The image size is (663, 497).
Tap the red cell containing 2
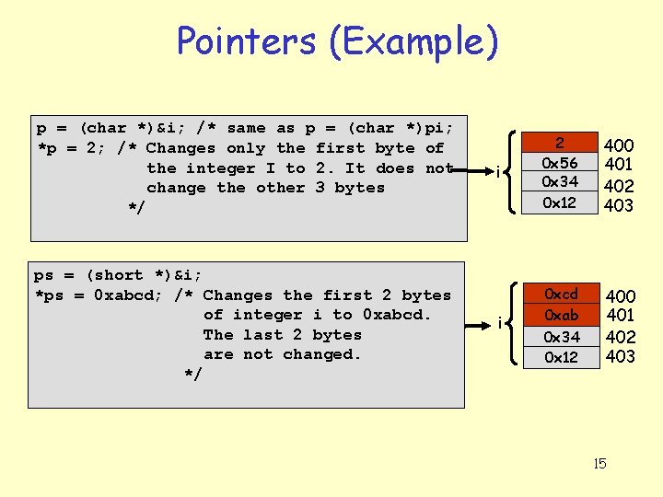click(x=560, y=143)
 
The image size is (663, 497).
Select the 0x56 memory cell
click(x=560, y=163)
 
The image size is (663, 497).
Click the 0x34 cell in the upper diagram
click(x=560, y=182)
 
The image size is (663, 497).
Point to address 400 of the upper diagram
click(x=618, y=145)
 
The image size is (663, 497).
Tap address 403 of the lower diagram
click(x=621, y=357)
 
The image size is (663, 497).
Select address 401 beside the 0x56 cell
click(x=618, y=166)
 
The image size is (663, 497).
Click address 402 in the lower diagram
click(x=621, y=337)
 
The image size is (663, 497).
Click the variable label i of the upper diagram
click(x=498, y=172)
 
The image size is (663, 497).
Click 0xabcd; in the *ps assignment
click(x=127, y=295)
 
